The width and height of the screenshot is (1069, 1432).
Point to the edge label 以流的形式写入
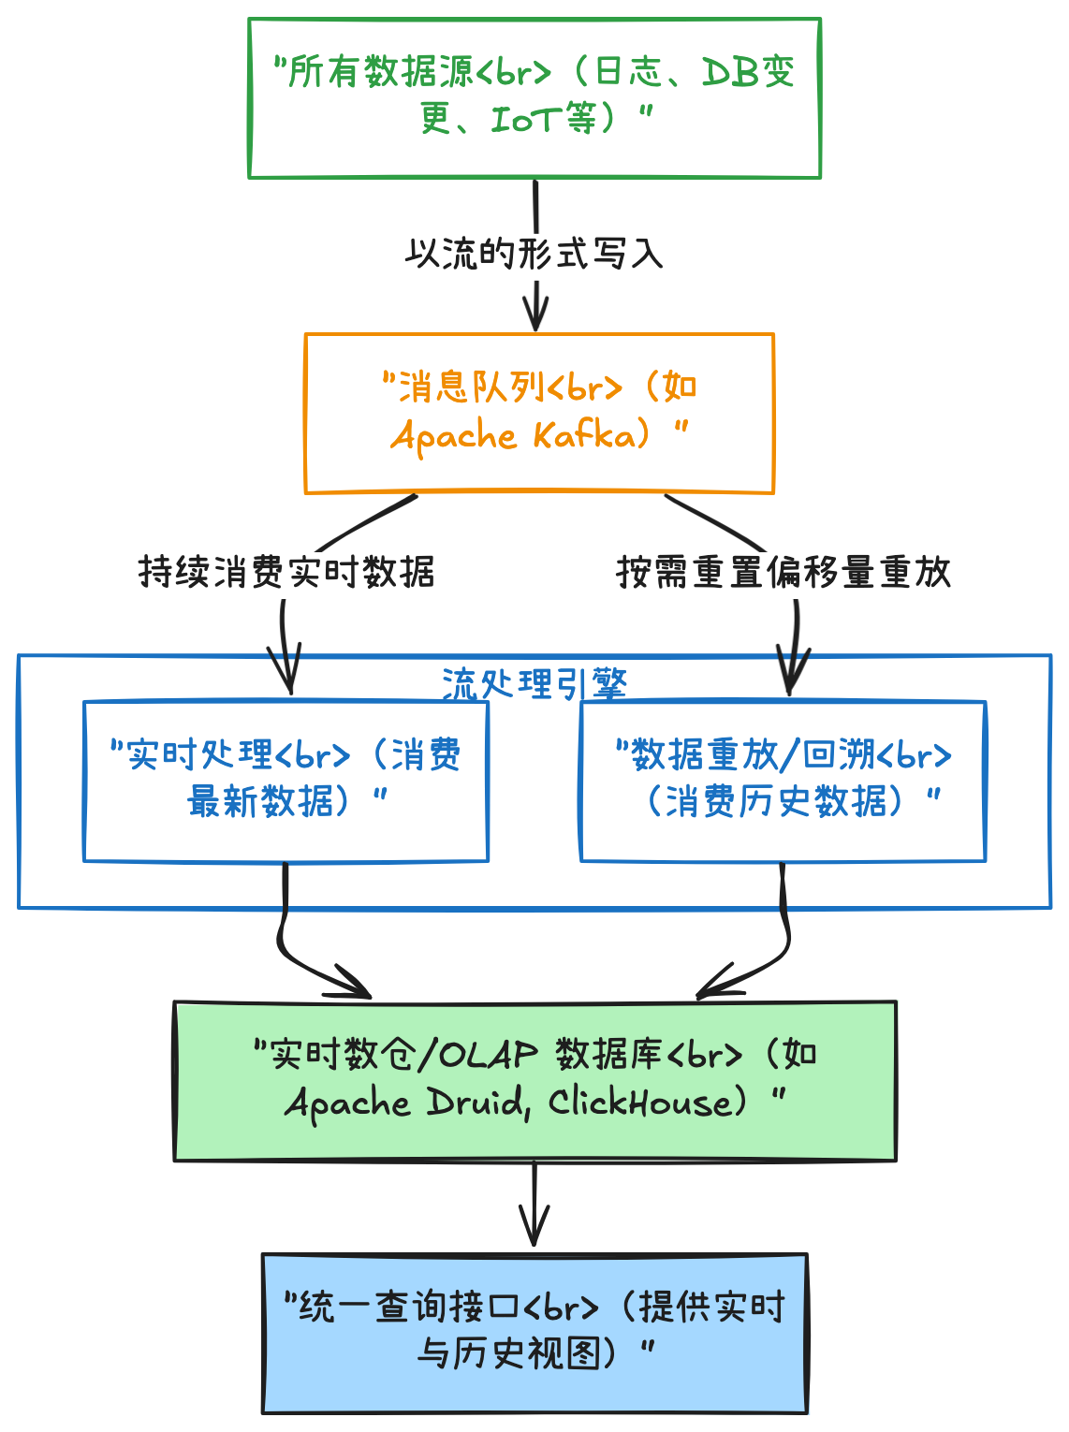(x=534, y=254)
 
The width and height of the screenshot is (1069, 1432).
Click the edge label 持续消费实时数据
(x=286, y=572)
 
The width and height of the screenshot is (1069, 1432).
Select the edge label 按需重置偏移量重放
(x=783, y=572)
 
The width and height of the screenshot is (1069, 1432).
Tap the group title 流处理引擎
(x=534, y=684)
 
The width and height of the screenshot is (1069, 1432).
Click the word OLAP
(x=489, y=1055)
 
